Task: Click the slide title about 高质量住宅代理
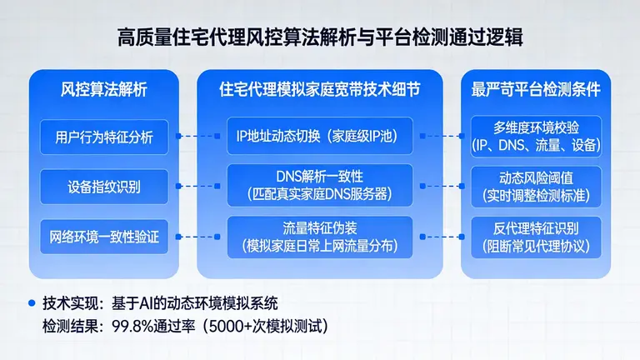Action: (x=320, y=37)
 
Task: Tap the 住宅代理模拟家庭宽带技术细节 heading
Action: (x=320, y=89)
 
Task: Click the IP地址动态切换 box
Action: (x=320, y=135)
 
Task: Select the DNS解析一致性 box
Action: (x=320, y=185)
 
